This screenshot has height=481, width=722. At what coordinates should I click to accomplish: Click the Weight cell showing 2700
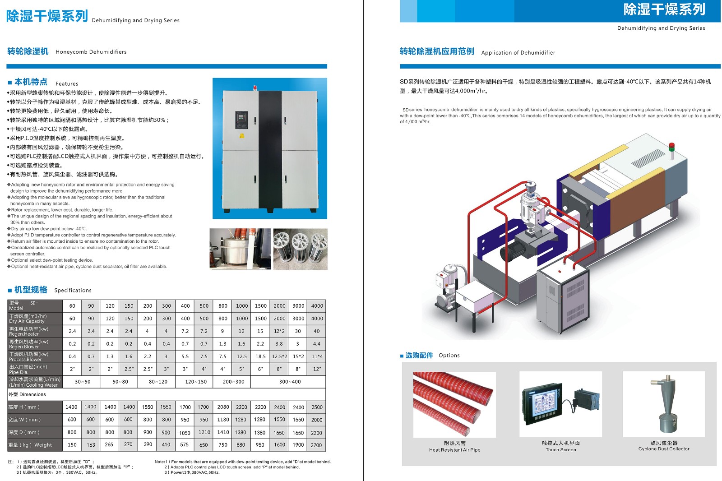coord(316,445)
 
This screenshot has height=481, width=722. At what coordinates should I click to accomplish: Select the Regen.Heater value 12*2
coord(279,331)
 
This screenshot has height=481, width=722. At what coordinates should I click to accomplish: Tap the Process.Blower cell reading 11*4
coord(316,356)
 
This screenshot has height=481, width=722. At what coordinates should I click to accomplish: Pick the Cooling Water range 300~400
coord(290,382)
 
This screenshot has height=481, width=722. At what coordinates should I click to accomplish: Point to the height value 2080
coord(223,407)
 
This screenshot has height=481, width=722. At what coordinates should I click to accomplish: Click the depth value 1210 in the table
coord(204,432)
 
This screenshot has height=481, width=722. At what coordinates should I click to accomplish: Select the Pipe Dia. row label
coord(28,369)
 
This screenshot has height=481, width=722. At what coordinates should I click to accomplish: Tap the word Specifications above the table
coord(73,290)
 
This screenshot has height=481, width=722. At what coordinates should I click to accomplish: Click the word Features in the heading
coord(67,83)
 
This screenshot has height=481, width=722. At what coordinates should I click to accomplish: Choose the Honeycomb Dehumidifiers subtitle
coord(91,52)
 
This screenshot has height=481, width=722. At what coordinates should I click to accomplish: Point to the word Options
coord(449,355)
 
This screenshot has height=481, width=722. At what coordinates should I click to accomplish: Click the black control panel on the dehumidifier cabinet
coord(241,120)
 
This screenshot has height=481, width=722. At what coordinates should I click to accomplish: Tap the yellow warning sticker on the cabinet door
coord(242,136)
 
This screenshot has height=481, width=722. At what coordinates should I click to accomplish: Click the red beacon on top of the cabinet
coord(255,88)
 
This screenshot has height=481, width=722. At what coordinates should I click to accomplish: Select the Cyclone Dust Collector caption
coord(664,449)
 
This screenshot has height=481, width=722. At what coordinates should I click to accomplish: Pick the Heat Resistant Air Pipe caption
coord(454,450)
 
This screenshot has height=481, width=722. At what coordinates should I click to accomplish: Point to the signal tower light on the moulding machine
coord(671,151)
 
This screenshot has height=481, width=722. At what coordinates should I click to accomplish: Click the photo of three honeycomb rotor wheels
coord(301,249)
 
